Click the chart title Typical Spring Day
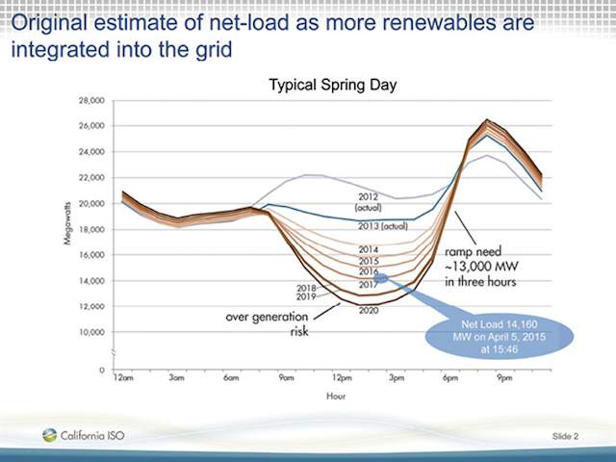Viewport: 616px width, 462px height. point(332,87)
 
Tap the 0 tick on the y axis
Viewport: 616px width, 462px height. point(100,370)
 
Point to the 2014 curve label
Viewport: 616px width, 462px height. point(369,249)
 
